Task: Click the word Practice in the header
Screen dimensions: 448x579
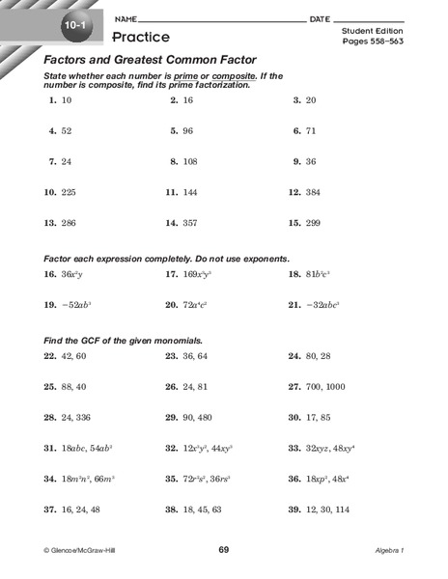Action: click(x=141, y=37)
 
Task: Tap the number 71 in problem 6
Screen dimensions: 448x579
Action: click(x=312, y=130)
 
